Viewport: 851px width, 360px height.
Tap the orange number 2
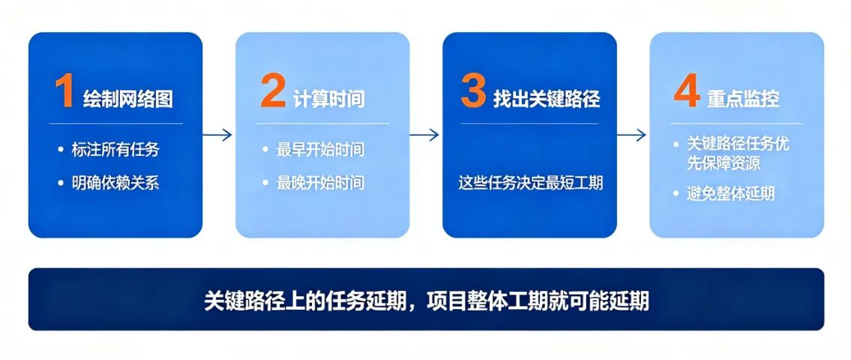point(272,91)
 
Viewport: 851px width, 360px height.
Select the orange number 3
point(473,91)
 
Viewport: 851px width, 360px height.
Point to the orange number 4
point(687,91)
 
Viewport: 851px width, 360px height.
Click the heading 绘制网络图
point(128,99)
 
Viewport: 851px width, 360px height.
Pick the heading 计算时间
point(329,99)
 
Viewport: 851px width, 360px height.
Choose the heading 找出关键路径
point(547,99)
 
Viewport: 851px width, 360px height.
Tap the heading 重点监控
point(743,99)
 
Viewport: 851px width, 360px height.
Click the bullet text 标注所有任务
point(115,149)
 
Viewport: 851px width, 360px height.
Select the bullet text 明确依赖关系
point(115,183)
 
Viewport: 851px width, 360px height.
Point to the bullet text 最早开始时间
point(320,149)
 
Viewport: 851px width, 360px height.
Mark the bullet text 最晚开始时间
point(320,183)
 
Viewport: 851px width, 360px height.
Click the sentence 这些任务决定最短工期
point(530,183)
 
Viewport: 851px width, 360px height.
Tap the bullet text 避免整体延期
point(731,193)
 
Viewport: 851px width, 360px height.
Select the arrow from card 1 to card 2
point(217,135)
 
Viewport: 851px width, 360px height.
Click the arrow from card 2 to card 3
point(424,135)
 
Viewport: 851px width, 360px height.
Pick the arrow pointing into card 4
point(631,135)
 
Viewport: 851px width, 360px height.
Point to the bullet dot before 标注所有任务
point(61,149)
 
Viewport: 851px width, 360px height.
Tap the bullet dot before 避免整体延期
point(676,193)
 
